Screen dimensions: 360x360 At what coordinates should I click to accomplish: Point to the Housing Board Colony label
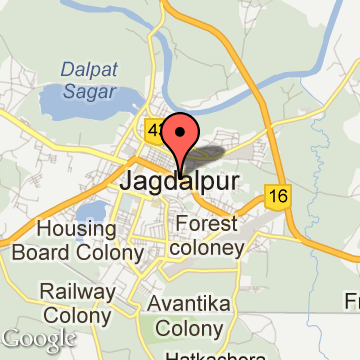[x=76, y=241]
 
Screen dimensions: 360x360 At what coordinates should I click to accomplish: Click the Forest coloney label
[x=209, y=236]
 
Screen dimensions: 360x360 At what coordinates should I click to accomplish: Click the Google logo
[x=38, y=339]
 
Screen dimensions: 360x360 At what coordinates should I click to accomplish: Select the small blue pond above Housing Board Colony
[x=92, y=211]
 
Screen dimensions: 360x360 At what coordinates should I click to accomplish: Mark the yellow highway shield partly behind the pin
[x=156, y=130]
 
